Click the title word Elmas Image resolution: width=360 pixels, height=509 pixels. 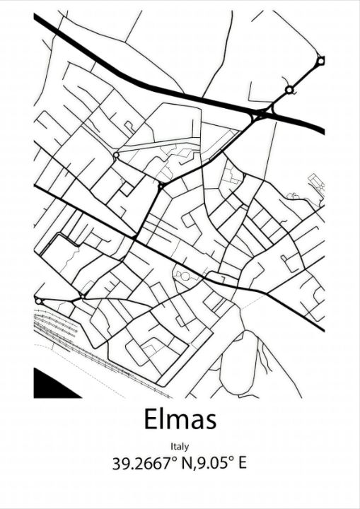(x=180, y=419)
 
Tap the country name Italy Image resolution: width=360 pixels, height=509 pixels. (x=180, y=446)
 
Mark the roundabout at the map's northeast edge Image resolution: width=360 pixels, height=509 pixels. (x=320, y=62)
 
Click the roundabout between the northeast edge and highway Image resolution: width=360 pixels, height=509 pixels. (x=289, y=90)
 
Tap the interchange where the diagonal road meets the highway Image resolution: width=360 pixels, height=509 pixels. (x=262, y=113)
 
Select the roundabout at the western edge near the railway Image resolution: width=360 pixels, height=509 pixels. (x=38, y=300)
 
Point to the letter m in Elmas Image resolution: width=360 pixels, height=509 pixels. (x=175, y=422)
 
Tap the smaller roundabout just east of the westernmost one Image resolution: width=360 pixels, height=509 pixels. (x=83, y=296)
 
